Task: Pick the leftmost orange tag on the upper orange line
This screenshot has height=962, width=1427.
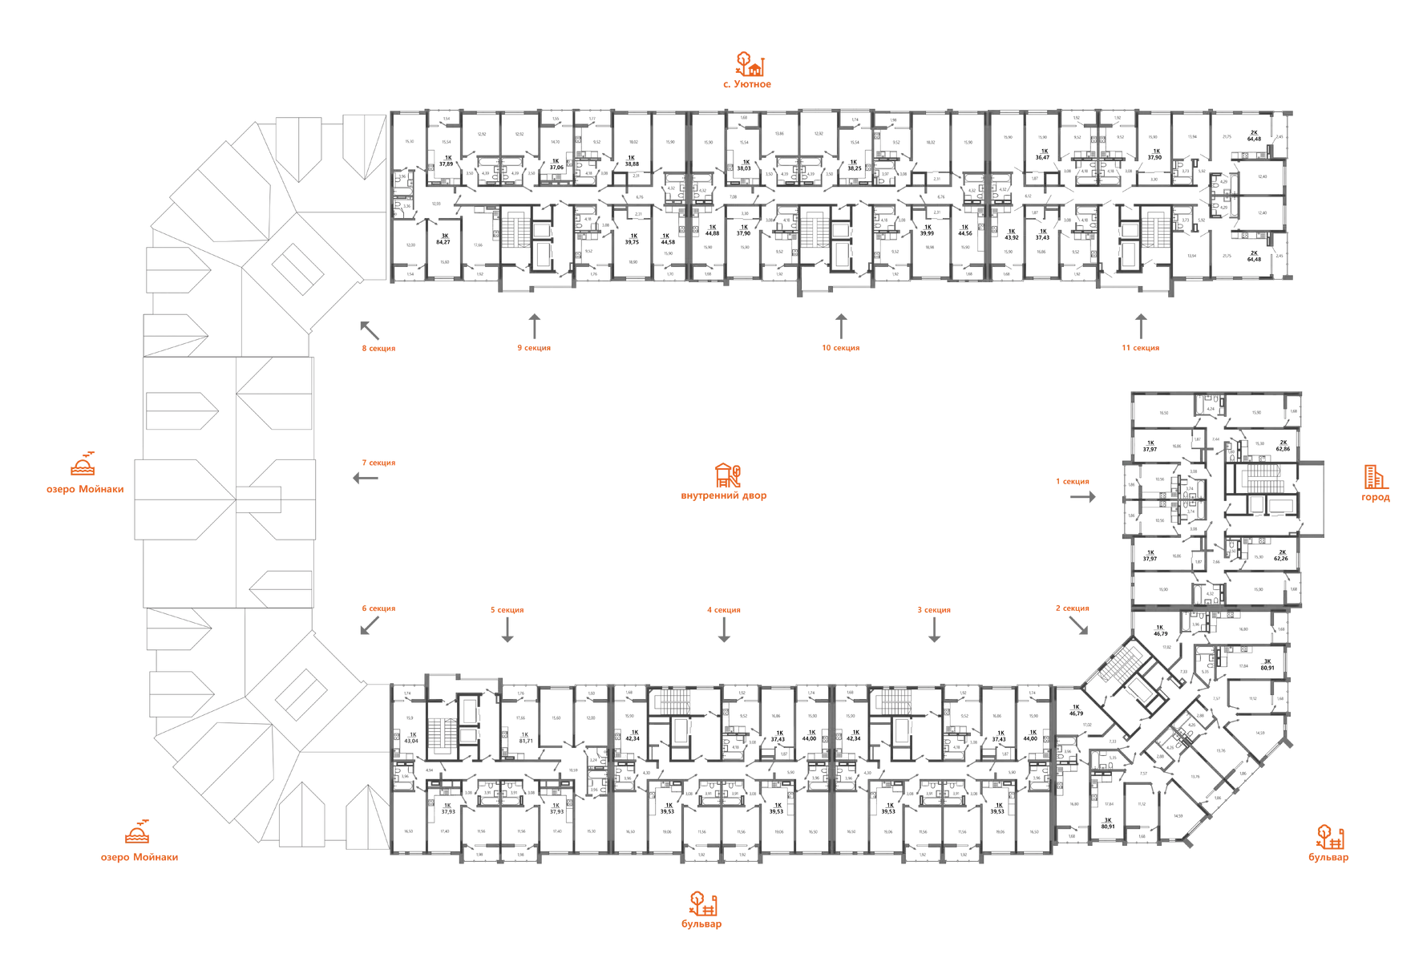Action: pyautogui.click(x=378, y=349)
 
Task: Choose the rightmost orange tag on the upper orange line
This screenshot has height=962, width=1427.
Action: pyautogui.click(x=1139, y=348)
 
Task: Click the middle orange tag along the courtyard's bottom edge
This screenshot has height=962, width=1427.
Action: pyautogui.click(x=724, y=611)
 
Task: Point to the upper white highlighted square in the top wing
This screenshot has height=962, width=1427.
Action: pyautogui.click(x=705, y=143)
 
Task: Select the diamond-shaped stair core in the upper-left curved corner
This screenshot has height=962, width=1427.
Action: pyautogui.click(x=298, y=268)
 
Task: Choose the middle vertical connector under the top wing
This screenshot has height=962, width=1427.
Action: pyautogui.click(x=839, y=324)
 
